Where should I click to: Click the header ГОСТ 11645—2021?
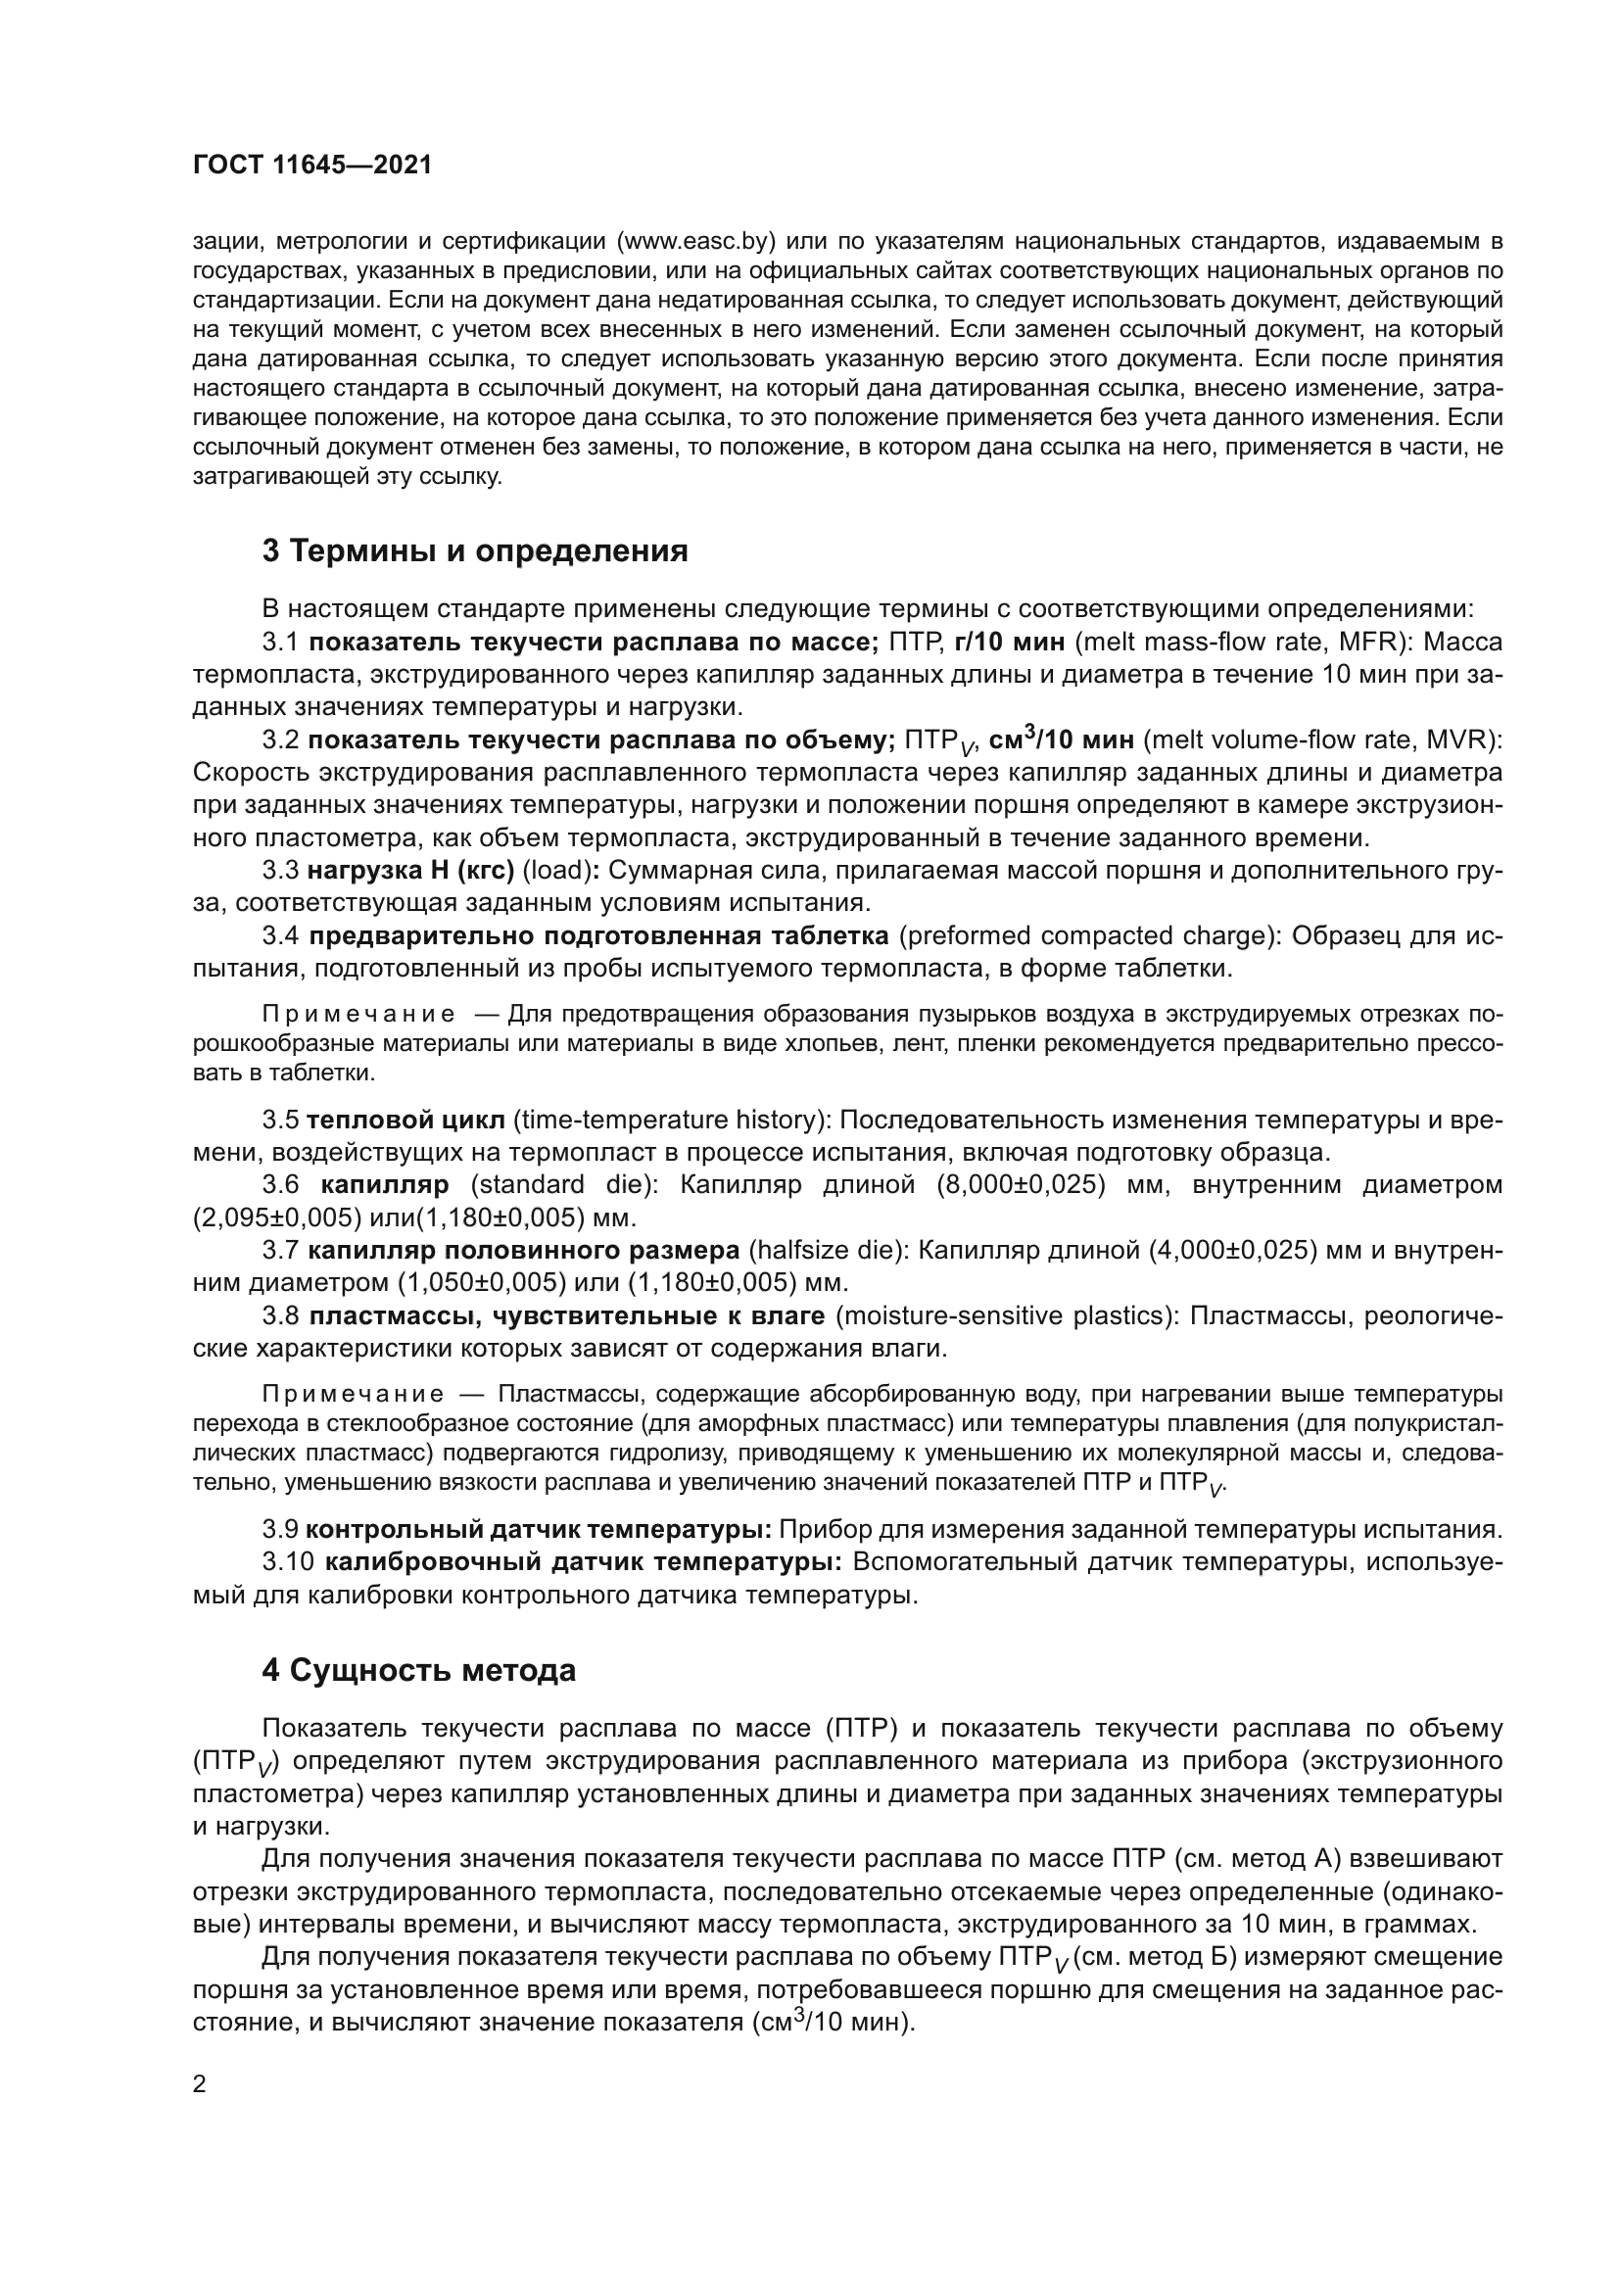(312, 166)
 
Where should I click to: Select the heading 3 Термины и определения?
(475, 550)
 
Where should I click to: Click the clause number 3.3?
(280, 870)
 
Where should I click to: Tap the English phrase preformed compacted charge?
(1085, 936)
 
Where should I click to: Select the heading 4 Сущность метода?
(419, 1670)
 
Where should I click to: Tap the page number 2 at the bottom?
(199, 2083)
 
